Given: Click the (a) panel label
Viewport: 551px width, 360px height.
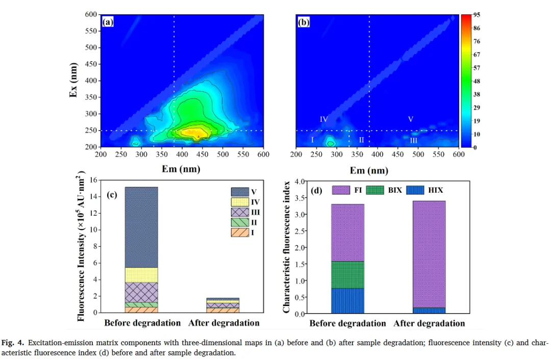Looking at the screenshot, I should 108,22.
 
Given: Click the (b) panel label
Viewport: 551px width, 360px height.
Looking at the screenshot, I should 304,22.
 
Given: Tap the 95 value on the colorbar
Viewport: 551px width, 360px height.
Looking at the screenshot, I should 477,15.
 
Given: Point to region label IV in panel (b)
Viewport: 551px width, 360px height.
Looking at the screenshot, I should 323,119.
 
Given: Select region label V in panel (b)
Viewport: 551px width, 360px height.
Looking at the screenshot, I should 410,119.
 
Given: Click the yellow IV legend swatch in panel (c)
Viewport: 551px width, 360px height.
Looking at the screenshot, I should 239,202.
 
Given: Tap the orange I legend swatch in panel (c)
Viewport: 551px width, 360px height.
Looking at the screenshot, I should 239,233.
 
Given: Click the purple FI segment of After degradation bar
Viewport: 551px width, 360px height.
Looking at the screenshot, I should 429,254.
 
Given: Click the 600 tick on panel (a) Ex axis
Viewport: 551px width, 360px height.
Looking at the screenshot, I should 91,15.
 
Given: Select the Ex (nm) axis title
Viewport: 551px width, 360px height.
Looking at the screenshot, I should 73,81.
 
